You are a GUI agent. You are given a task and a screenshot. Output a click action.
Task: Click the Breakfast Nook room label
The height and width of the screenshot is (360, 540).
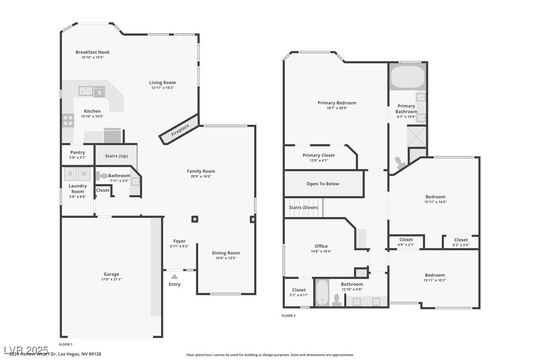[92, 52]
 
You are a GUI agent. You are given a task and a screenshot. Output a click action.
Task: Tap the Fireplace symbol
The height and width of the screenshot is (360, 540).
[180, 130]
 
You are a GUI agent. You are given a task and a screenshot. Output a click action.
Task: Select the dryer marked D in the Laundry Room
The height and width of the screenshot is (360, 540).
[70, 174]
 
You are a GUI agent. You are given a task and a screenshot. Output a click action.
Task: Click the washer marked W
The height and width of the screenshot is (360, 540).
[84, 174]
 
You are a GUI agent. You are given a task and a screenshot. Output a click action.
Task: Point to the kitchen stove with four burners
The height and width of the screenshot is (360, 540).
[68, 120]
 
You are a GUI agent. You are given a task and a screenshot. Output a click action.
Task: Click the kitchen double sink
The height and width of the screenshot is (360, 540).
[86, 91]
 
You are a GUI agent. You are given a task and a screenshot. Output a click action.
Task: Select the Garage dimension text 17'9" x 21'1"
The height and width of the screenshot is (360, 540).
[111, 279]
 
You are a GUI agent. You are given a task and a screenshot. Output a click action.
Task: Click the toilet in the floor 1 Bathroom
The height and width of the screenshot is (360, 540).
[101, 176]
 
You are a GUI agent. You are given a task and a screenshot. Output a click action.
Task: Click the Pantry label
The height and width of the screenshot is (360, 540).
[78, 152]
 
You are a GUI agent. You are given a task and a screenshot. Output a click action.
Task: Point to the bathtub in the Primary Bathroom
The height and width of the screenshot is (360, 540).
[407, 77]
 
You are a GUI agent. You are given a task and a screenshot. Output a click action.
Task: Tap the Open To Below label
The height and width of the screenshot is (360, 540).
[323, 183]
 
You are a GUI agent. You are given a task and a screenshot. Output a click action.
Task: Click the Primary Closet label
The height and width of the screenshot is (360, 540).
[319, 155]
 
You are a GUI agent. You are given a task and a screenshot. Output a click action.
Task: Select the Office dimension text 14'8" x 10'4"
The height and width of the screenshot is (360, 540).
[321, 252]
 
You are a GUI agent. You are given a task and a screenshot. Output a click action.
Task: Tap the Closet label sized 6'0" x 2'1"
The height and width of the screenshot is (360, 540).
[406, 240]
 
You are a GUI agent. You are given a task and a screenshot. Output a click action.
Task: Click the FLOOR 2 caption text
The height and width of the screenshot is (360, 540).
[288, 316]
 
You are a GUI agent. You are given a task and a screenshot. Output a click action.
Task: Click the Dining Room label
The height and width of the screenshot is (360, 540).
[226, 253]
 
